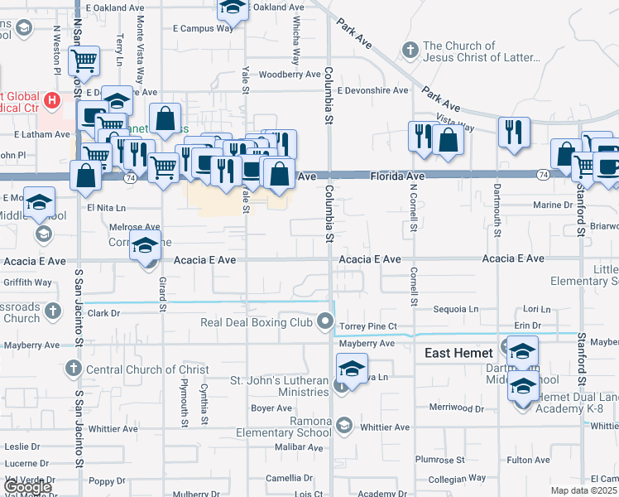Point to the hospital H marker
pyautogui.click(x=54, y=101)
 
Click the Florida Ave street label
pyautogui.click(x=397, y=176)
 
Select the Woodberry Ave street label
pyautogui.click(x=289, y=75)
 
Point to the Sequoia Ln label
pyautogui.click(x=456, y=309)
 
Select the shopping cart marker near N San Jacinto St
pyautogui.click(x=84, y=60)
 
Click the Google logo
pyautogui.click(x=26, y=487)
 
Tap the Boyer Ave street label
pyautogui.click(x=272, y=408)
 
